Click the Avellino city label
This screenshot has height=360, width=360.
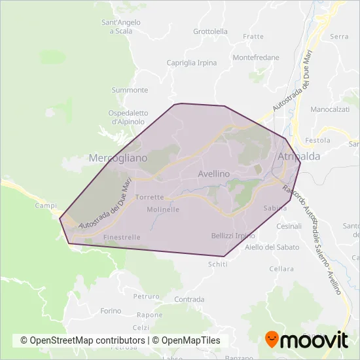point(213,174)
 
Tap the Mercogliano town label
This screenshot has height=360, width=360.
point(118,158)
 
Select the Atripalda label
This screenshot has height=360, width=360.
point(298,156)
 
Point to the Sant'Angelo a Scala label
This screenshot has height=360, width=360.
point(120,27)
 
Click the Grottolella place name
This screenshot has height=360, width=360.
point(211,31)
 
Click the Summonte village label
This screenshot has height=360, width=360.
point(130,90)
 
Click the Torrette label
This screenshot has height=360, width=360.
point(150,197)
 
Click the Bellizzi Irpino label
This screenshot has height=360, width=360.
point(233,236)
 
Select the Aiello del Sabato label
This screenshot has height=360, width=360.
point(272,247)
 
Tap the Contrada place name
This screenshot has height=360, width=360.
point(189,299)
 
